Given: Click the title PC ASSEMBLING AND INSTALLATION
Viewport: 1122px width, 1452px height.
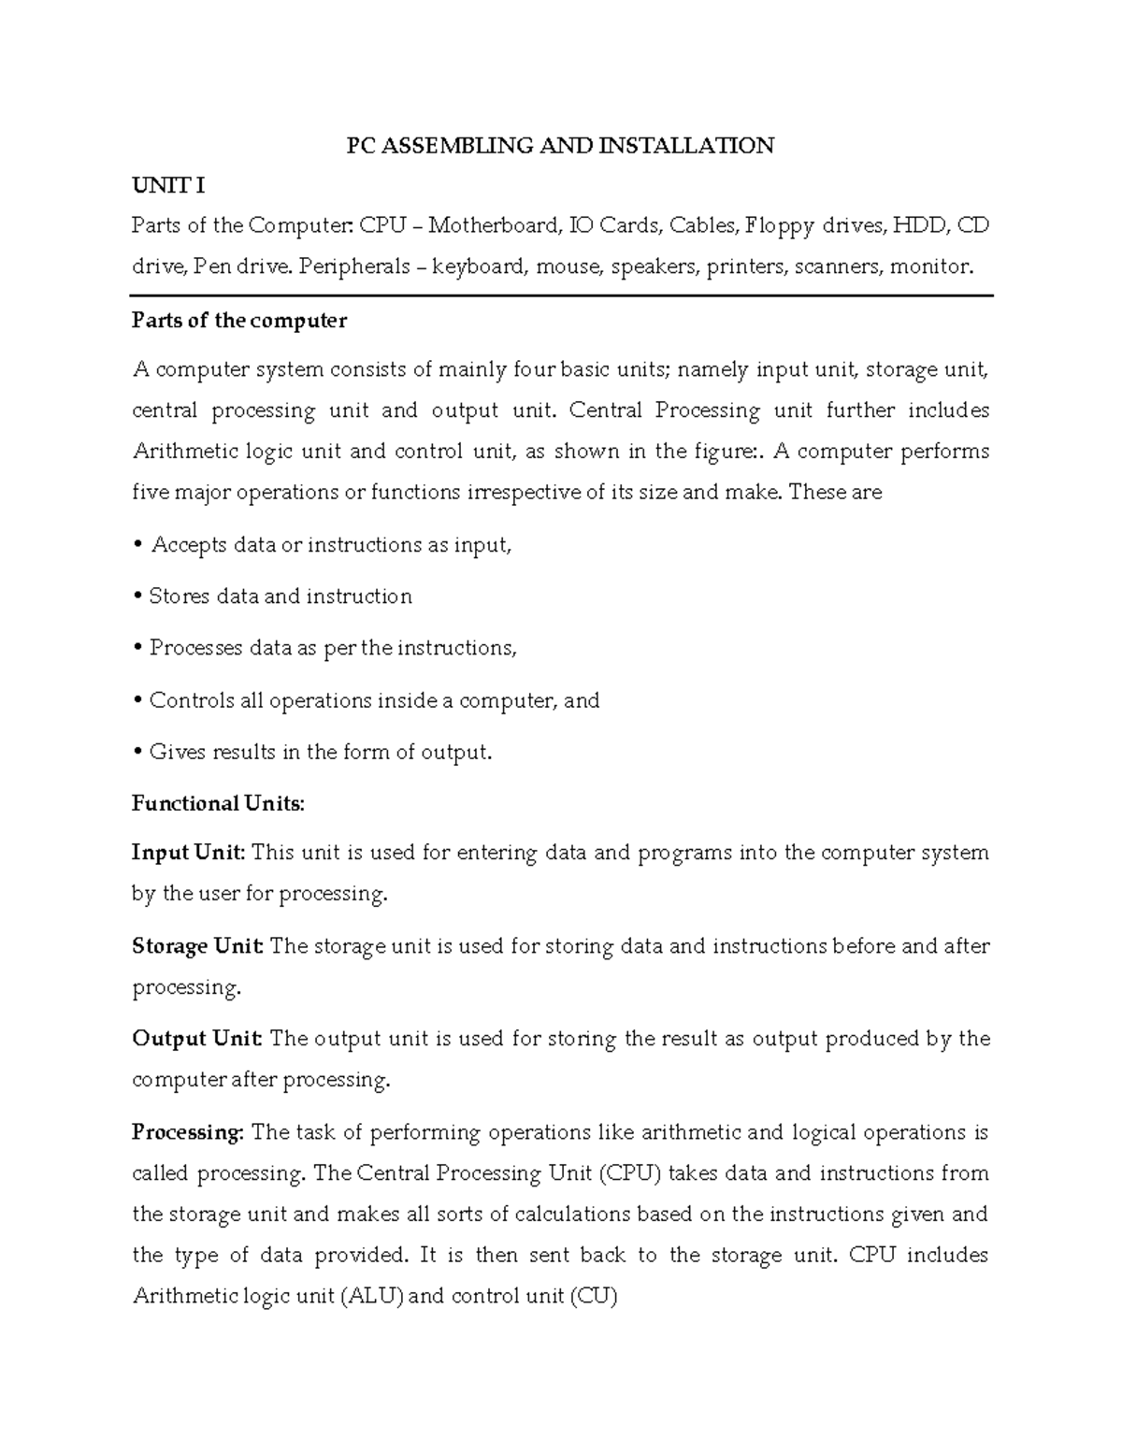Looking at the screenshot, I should click(560, 146).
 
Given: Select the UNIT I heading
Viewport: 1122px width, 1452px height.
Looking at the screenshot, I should click(168, 186).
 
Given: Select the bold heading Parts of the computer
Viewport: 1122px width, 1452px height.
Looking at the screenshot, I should click(239, 321).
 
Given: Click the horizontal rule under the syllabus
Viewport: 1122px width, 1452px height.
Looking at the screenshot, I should click(561, 295).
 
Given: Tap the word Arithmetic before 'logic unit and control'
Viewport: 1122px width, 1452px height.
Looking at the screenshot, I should click(183, 452).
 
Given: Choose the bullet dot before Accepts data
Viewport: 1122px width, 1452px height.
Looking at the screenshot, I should click(138, 545).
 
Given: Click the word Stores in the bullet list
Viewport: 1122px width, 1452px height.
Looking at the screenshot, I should click(180, 597).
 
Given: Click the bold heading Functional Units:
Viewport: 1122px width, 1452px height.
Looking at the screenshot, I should click(218, 804).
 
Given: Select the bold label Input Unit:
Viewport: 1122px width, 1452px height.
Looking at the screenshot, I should click(189, 853).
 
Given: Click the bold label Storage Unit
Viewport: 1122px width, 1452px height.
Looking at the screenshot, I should click(197, 946).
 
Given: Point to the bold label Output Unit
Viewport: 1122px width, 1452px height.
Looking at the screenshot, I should click(197, 1039).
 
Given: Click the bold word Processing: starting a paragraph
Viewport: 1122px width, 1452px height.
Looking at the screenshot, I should click(188, 1132).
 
